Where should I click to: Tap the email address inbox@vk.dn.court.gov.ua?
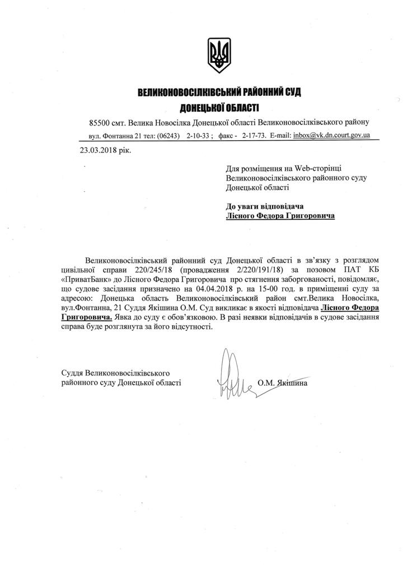coord(331,136)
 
